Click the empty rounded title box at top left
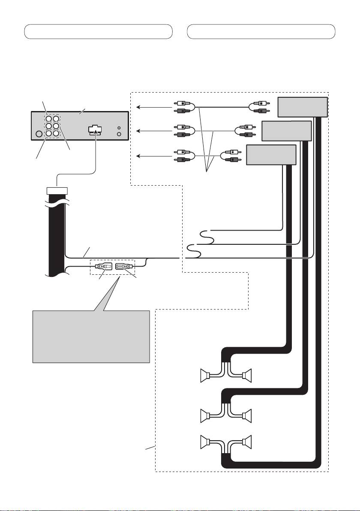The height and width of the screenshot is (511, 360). pos(98,32)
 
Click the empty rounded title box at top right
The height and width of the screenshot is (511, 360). pos(261,32)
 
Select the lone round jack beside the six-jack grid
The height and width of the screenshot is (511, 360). pos(39,134)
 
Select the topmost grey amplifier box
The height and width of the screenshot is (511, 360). pos(303,107)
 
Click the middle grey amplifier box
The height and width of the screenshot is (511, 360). pos(286,131)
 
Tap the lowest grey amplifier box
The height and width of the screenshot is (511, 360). pos(271,155)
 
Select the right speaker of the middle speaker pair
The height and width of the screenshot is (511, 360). pos(247,416)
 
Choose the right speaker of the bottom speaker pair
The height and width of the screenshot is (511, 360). pos(247,441)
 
